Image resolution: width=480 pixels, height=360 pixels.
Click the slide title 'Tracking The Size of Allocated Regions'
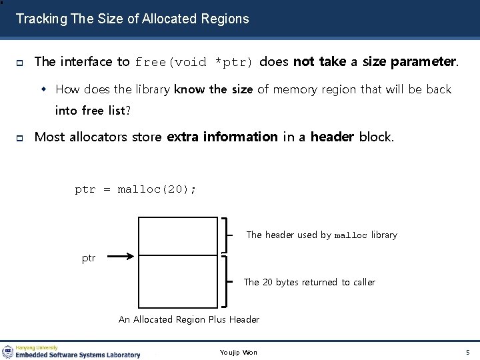(132, 19)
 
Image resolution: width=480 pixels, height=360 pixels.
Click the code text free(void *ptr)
(194, 63)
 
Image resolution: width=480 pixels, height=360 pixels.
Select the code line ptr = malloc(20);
(135, 189)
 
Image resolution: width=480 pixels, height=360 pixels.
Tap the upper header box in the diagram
(178, 235)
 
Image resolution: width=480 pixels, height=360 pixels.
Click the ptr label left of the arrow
(89, 258)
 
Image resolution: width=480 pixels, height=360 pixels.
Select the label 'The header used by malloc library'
(321, 235)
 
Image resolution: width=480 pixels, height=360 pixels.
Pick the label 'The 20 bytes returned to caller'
(309, 282)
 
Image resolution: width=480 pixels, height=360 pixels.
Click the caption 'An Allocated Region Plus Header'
(189, 319)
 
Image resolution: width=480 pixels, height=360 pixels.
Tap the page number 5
(467, 352)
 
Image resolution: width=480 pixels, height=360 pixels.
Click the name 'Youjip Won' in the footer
(238, 352)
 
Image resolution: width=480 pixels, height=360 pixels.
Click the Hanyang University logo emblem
(8, 351)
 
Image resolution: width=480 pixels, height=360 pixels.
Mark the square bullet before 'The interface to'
(20, 63)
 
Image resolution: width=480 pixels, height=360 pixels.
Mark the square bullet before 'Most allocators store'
(20, 137)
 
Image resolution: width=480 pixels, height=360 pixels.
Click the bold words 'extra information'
(222, 137)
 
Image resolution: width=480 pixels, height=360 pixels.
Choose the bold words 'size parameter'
(409, 62)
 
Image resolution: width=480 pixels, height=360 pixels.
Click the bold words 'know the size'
(213, 89)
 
